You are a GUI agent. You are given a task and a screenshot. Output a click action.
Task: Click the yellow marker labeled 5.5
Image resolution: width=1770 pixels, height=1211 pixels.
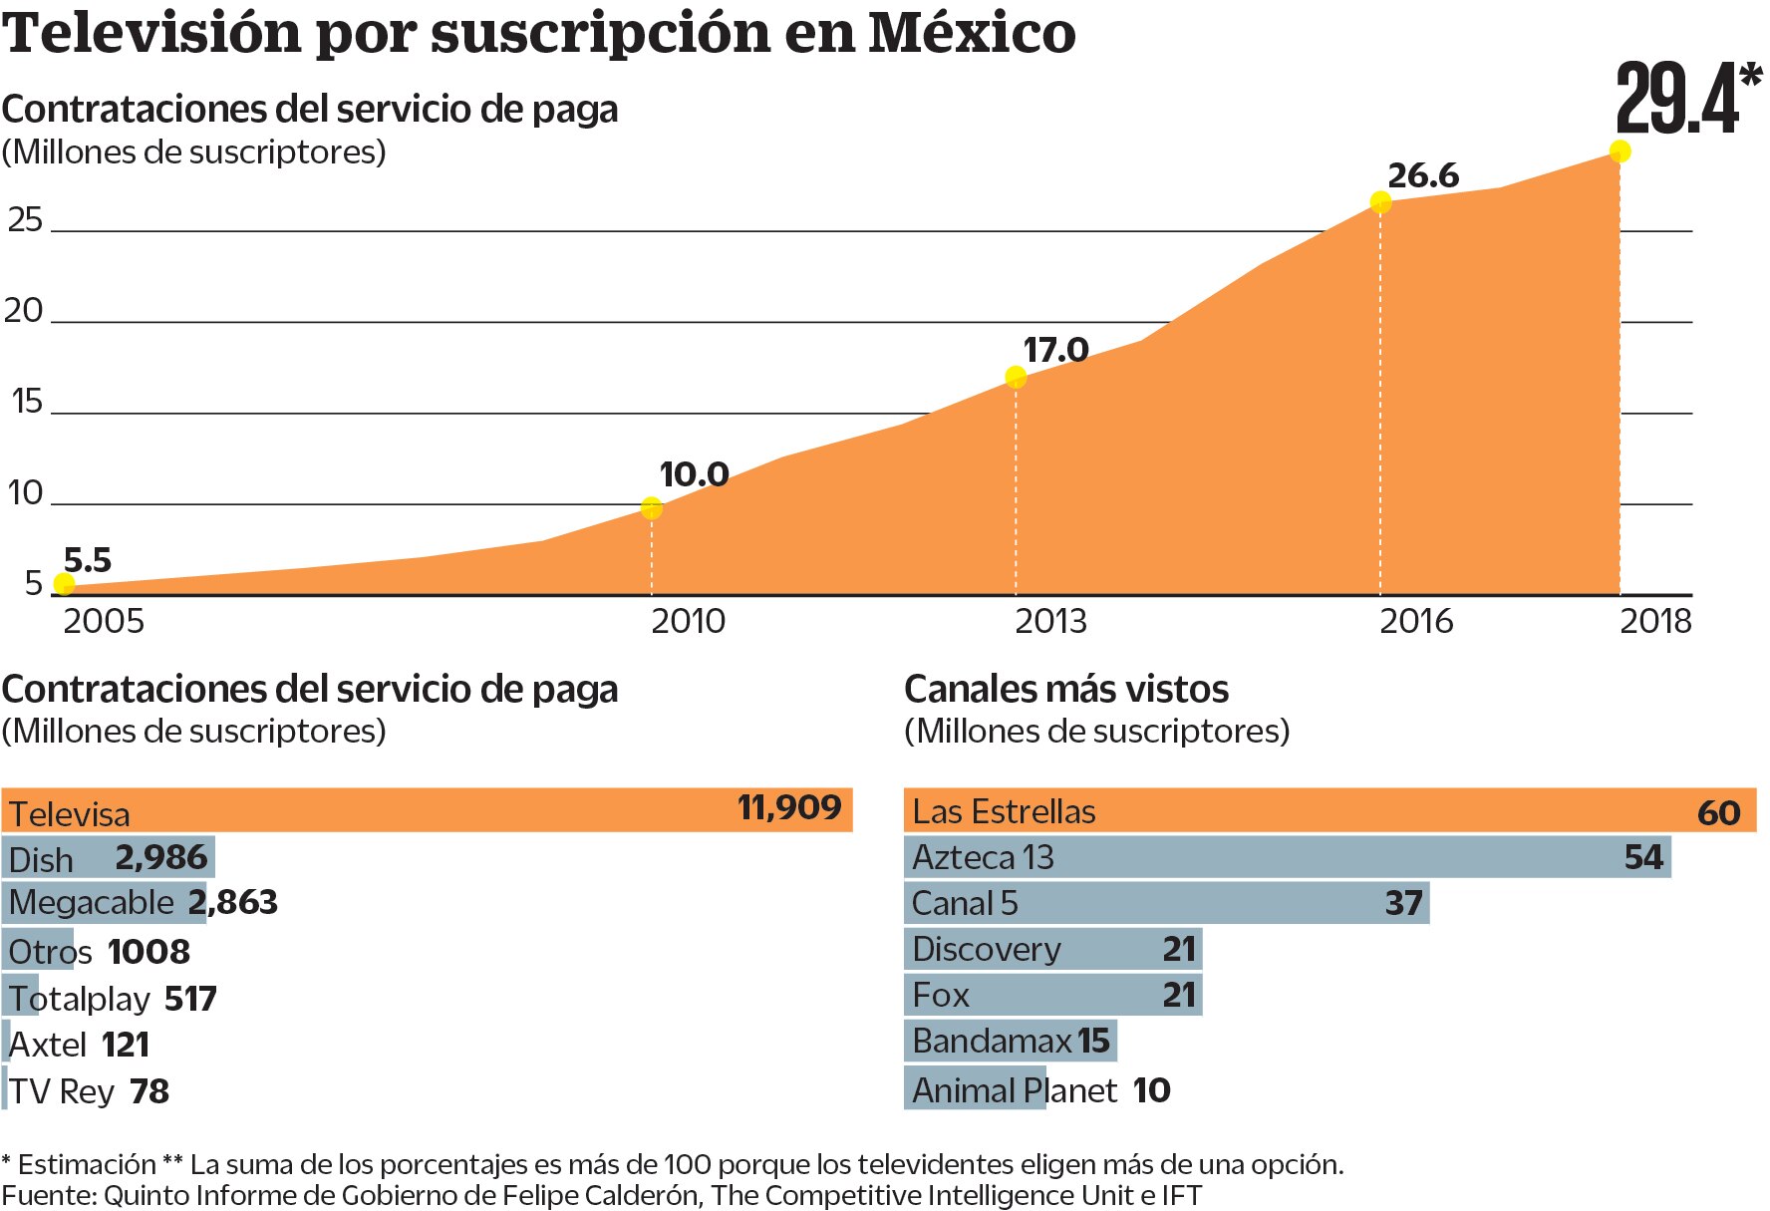pos(64,584)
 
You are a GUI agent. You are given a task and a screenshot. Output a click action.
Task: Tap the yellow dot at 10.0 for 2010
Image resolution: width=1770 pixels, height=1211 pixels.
pos(651,508)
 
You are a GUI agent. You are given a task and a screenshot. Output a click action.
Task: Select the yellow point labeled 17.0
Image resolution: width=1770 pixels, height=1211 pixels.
pos(1016,377)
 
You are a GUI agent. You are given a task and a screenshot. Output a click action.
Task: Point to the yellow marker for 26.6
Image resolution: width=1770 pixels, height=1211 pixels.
pos(1380,203)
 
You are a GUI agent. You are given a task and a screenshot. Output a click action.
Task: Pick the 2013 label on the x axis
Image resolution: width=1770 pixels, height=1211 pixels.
pos(1050,621)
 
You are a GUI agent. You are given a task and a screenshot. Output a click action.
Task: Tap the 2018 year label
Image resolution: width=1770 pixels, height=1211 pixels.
pos(1655,621)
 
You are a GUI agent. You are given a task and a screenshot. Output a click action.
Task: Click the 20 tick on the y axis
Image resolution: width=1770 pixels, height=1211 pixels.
pos(24,311)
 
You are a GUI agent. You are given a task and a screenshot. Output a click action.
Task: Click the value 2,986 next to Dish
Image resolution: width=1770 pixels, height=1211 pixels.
pos(161,857)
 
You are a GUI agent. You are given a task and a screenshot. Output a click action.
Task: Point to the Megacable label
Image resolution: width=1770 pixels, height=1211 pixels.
pos(92,903)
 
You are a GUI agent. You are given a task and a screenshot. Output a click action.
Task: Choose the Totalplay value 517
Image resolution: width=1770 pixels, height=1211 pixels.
pos(190,999)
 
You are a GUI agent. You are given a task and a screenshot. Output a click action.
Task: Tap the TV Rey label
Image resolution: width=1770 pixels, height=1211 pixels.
pos(62,1091)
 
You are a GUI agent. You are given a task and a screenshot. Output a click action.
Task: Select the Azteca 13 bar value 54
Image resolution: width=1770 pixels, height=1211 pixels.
pos(1643,857)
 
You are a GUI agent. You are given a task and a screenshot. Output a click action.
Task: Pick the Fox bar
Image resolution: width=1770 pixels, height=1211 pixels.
pos(1051,995)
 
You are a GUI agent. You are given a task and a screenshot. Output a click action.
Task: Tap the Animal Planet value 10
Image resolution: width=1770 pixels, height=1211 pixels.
pos(1151,1090)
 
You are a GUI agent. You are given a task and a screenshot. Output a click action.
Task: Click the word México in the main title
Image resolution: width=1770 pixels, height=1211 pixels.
pos(972,33)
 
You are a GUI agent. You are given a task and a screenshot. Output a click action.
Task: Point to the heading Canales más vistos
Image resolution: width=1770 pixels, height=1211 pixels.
pos(1066,689)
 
